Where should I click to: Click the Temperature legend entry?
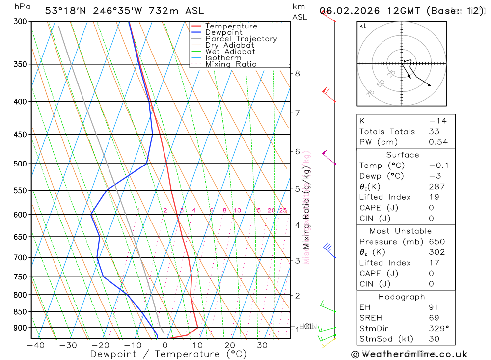pyautogui.click(x=231, y=26)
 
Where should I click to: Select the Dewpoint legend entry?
pyautogui.click(x=224, y=32)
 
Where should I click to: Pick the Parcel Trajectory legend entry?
pyautogui.click(x=241, y=39)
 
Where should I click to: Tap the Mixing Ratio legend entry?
pyautogui.click(x=231, y=64)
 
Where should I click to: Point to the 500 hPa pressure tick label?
pyautogui.click(x=20, y=164)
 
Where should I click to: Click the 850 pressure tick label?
pyautogui.click(x=20, y=312)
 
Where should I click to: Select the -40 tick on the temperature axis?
pyautogui.click(x=36, y=345)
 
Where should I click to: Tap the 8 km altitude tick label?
pyautogui.click(x=297, y=74)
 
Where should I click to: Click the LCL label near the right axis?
pyautogui.click(x=306, y=326)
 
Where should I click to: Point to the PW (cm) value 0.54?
pyautogui.click(x=438, y=142)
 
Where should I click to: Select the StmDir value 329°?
pyautogui.click(x=438, y=329)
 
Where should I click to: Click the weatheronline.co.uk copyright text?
pyautogui.click(x=409, y=354)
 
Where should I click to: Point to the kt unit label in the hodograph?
pyautogui.click(x=363, y=26)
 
